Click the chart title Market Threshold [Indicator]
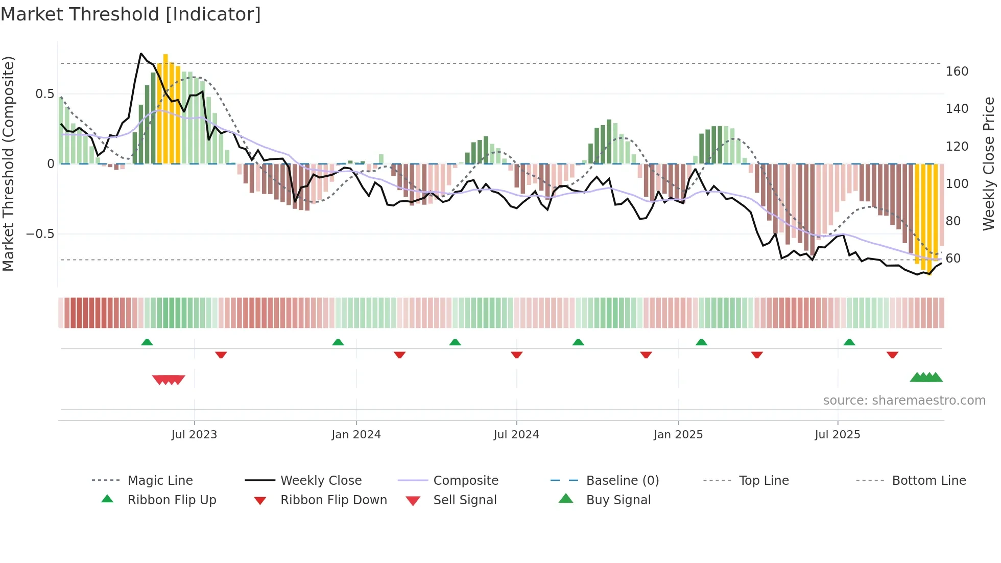coord(131,14)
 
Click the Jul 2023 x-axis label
coord(194,435)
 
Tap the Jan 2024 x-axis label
coord(356,435)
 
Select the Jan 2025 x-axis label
coord(678,435)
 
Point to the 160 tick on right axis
coord(957,72)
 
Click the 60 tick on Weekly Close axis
coord(953,259)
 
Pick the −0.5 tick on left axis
coord(40,234)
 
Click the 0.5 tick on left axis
coord(44,94)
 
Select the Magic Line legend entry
coord(160,481)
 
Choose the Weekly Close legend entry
coord(321,481)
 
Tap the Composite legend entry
coord(465,481)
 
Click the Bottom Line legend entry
coord(928,481)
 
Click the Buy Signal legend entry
coord(618,500)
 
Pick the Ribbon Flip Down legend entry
coord(333,500)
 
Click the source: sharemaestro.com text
coord(904,401)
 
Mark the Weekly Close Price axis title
coord(989,163)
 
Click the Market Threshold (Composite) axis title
coord(8,163)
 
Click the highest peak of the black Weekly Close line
coord(141,54)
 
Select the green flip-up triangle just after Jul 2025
coord(849,342)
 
